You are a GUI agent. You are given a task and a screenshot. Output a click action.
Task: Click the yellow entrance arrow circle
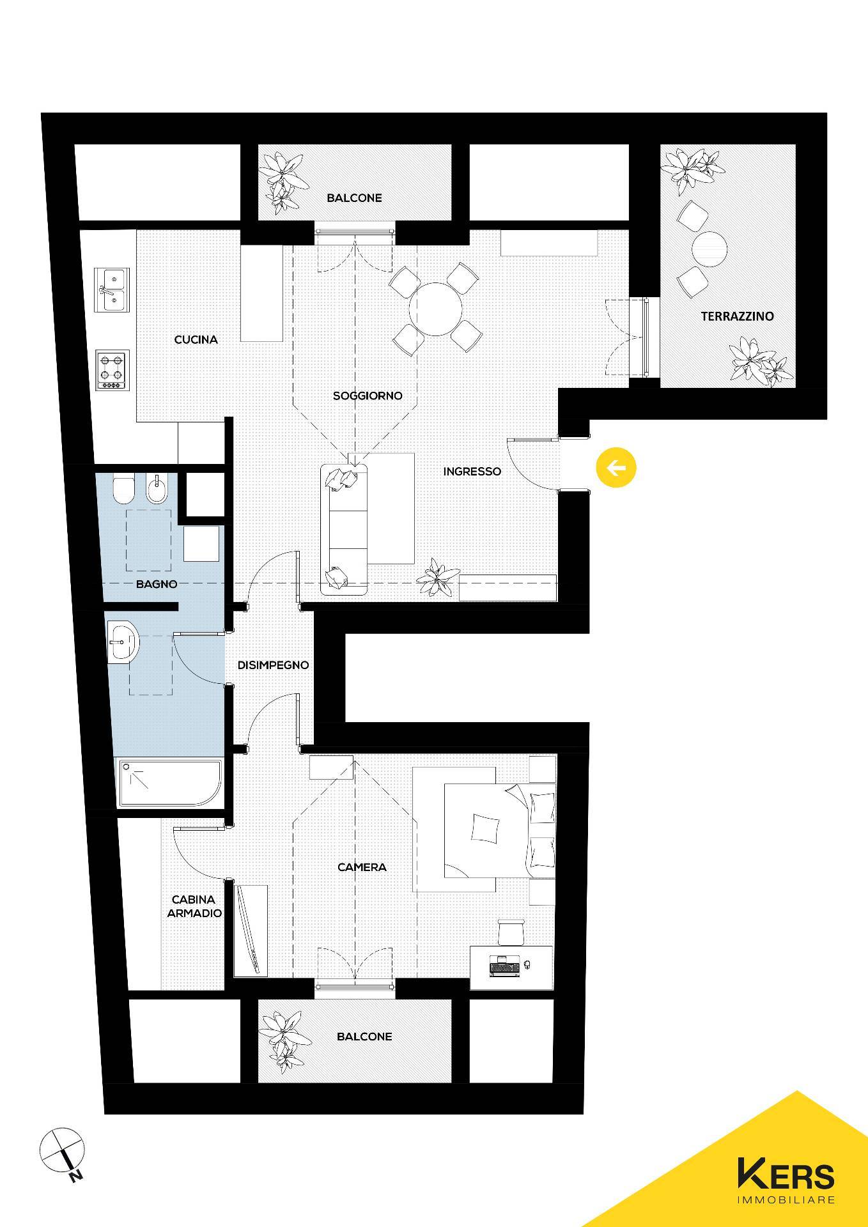[x=616, y=468]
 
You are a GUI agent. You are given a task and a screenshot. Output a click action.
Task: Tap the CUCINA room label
[x=196, y=339]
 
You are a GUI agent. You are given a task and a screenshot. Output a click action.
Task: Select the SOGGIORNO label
[x=368, y=396]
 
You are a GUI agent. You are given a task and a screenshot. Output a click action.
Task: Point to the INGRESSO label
[x=472, y=472]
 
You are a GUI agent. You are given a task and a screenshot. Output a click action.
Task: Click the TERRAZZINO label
[x=737, y=316]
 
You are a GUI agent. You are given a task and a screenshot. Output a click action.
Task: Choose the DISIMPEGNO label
[x=273, y=665]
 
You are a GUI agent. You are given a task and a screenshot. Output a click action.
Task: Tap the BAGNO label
[x=157, y=583]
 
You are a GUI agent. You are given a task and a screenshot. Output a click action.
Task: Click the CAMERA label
[x=362, y=867]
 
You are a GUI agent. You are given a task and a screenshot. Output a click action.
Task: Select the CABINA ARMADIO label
[x=194, y=906]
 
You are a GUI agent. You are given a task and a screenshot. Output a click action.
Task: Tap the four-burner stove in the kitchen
[x=112, y=369]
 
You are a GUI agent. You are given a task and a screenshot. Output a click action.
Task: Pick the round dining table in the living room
[x=437, y=309]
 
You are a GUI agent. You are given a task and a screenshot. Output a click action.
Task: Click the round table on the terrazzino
[x=709, y=249]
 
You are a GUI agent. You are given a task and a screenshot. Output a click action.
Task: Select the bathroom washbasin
[x=123, y=642]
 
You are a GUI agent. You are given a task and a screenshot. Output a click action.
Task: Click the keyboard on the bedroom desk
[x=505, y=969]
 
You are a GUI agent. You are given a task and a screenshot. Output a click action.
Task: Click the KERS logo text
[x=786, y=1174]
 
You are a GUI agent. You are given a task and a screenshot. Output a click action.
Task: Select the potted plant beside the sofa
[x=438, y=578]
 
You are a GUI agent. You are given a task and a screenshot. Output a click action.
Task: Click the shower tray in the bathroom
[x=169, y=783]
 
